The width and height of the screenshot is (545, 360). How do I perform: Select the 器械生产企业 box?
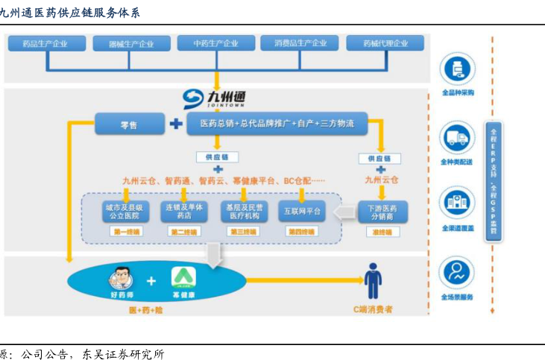click(130, 44)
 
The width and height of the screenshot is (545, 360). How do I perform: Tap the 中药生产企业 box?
click(215, 44)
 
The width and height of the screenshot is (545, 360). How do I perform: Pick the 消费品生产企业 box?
click(300, 44)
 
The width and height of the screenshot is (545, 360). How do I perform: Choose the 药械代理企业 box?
click(385, 44)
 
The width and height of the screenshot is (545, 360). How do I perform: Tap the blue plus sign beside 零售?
click(175, 124)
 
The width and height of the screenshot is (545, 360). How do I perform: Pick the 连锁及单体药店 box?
click(183, 212)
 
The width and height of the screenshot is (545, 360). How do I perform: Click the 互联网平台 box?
click(302, 212)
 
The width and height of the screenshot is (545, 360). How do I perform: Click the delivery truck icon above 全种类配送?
click(456, 137)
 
